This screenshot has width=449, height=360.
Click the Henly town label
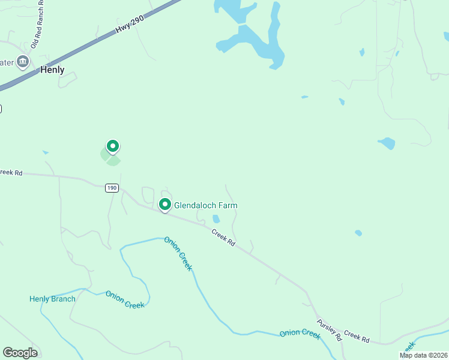coord(52,70)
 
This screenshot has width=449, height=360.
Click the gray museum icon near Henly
coord(23,61)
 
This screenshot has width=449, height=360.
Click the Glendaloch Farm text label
coord(205,205)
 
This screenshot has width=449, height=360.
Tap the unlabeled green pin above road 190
coord(112,146)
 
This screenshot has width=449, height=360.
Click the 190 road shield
coord(112,188)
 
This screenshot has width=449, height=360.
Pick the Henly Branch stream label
coord(53,299)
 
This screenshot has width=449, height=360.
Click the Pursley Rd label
coord(330,328)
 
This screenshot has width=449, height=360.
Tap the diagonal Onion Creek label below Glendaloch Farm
coord(179,253)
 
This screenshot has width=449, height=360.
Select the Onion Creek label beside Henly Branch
coord(125,299)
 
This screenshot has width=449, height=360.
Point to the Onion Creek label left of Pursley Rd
coord(300,334)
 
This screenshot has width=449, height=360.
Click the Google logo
coord(20,353)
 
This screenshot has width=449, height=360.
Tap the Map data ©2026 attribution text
coord(423,355)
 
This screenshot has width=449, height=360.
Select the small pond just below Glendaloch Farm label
coord(216,220)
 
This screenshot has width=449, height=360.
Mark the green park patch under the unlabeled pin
coord(110,157)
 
